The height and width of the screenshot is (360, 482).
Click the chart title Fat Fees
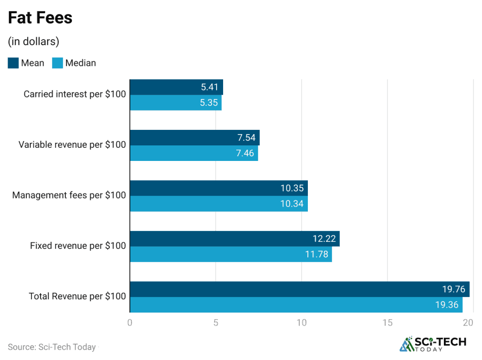tap(40, 18)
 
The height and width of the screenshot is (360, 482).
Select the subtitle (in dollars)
tap(33, 41)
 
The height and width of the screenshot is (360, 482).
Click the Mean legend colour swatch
tap(13, 63)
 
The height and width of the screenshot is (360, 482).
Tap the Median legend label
tap(80, 63)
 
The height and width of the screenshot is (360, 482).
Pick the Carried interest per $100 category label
tap(75, 94)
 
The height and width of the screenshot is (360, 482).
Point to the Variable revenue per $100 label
tap(72, 145)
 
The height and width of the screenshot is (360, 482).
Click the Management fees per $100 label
tap(69, 195)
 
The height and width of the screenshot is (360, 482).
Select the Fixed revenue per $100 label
tap(78, 246)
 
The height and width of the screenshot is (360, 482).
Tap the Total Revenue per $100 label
tap(77, 296)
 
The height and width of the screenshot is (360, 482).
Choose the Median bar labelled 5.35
tap(175, 103)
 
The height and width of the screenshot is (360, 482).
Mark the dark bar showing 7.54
tap(194, 137)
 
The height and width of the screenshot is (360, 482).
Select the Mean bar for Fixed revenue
tap(234, 239)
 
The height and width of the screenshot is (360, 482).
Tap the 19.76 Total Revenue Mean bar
tap(299, 289)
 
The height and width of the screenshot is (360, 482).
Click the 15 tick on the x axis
tap(387, 323)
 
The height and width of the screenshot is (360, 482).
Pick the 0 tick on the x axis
tap(130, 323)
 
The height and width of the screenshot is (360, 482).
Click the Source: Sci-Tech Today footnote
tap(52, 347)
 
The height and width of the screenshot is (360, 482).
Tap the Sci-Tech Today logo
tap(433, 344)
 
